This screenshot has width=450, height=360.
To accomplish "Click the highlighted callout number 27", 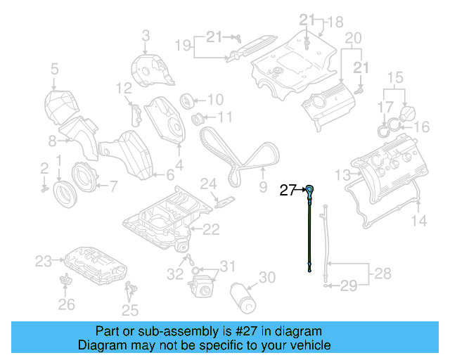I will (x=288, y=189).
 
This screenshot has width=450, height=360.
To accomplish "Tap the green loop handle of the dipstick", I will (x=309, y=189).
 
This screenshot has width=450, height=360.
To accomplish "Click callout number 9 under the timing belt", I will (x=263, y=187).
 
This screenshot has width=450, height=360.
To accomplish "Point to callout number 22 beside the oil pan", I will (x=211, y=229).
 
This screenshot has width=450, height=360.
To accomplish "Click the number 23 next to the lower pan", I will (x=44, y=262).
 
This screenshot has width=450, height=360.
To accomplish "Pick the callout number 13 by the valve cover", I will (x=342, y=174).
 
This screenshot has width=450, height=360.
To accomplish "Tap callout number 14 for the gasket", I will (x=418, y=221).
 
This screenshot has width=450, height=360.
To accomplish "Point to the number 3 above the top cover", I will (x=146, y=34).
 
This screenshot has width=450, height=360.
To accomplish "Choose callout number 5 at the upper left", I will (x=53, y=68).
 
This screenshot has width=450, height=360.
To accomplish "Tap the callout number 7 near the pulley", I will (x=112, y=186).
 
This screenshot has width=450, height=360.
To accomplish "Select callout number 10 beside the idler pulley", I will (x=214, y=99).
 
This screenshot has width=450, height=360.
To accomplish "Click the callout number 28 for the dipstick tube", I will (x=381, y=272).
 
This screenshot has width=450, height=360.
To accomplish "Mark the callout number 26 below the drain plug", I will (x=66, y=304).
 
